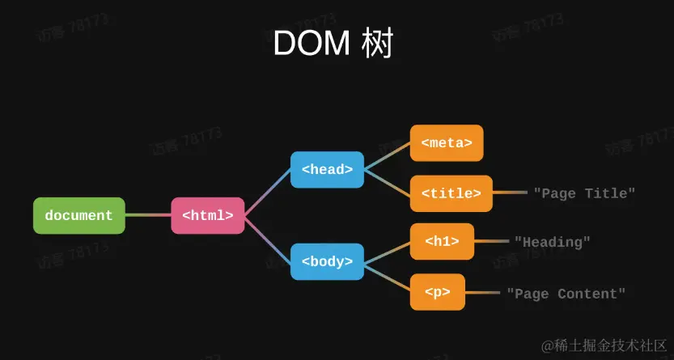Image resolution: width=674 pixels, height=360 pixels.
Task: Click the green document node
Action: [x=79, y=216]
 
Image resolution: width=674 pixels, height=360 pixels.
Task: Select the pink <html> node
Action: [x=208, y=216]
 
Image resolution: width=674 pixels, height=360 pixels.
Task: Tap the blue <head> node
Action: [x=327, y=170]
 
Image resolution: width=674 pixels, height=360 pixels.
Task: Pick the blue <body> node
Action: [x=327, y=261]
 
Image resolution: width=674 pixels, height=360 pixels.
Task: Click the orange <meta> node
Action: [x=447, y=143]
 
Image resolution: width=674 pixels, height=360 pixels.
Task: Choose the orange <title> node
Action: [x=451, y=193]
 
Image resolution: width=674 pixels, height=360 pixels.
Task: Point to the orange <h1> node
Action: [x=442, y=241]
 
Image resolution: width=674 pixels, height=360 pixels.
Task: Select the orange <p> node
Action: [x=438, y=292]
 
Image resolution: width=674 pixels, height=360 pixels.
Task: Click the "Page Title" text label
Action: [x=584, y=193]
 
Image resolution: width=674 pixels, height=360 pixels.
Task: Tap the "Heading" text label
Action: [x=553, y=242]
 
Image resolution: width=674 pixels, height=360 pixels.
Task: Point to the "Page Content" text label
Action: [x=566, y=294]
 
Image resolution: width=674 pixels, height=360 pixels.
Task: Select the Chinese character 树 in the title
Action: [x=377, y=44]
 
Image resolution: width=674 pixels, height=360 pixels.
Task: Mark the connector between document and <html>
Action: [x=148, y=216]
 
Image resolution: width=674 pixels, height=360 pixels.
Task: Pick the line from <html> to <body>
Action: [x=267, y=239]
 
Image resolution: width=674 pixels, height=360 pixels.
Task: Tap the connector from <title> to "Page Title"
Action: [x=511, y=193]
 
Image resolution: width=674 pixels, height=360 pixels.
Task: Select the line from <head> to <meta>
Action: [x=387, y=157]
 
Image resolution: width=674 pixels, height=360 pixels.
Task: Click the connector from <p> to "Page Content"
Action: [x=484, y=293]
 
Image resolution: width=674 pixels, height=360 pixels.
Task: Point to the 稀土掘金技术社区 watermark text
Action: [x=604, y=345]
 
